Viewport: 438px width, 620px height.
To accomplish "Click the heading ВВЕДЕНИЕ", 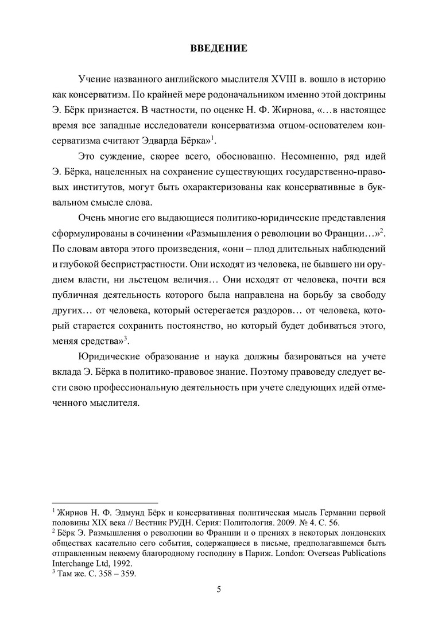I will (x=219, y=48).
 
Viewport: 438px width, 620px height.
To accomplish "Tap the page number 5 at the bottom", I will (x=219, y=589).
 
